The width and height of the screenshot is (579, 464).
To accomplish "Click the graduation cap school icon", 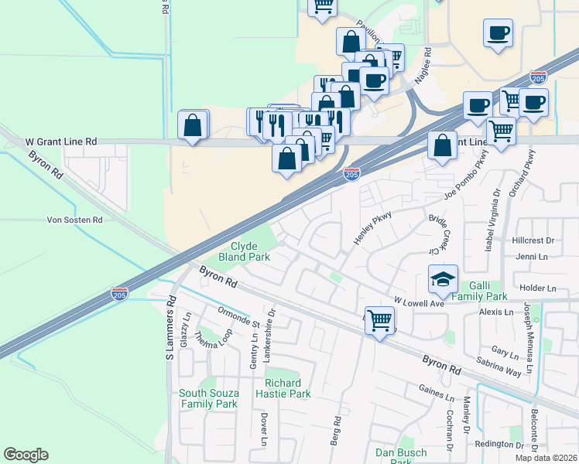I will pos(442,279).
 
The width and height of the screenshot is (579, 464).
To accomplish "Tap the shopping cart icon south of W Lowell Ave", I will pos(379,319).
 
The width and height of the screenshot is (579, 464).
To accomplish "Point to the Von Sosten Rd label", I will pos(74,220).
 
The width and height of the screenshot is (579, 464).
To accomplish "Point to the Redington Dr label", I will pos(499,444).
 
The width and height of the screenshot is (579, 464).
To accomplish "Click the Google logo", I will pos(26,455).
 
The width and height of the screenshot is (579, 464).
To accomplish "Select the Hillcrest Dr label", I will pos(533,241).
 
